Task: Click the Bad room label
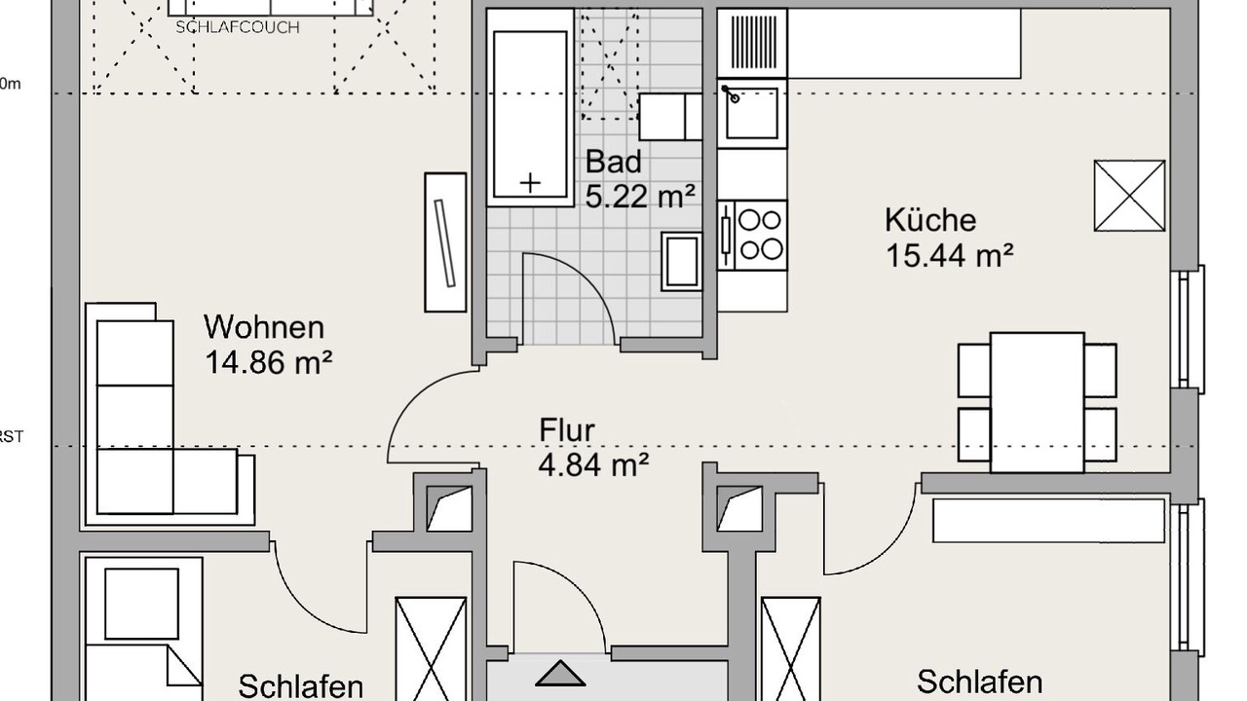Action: click(613, 162)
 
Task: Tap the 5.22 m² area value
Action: click(640, 197)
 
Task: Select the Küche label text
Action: click(930, 220)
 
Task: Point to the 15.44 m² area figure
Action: click(950, 256)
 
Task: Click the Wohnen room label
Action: click(264, 326)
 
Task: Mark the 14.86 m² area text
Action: click(269, 363)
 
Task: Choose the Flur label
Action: click(566, 429)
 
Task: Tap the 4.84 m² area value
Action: click(593, 465)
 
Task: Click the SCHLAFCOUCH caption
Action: click(237, 27)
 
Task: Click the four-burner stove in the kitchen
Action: click(753, 235)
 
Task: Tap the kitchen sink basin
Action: click(752, 112)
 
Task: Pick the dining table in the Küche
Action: click(1037, 401)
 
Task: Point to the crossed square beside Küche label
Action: click(1129, 196)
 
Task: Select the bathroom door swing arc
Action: click(575, 292)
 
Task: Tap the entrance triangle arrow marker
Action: click(560, 674)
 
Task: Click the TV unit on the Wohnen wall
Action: click(445, 242)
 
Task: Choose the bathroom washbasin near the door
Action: click(681, 261)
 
